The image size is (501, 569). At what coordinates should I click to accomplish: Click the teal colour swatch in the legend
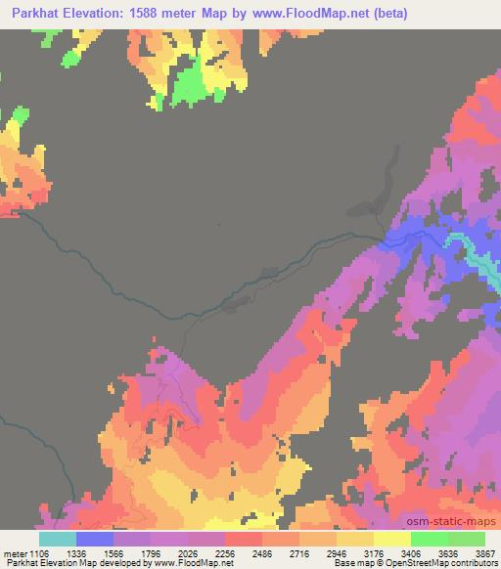[58, 539]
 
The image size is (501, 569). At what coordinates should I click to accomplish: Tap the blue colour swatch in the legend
[95, 539]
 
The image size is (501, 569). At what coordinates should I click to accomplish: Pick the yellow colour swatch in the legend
[392, 539]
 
